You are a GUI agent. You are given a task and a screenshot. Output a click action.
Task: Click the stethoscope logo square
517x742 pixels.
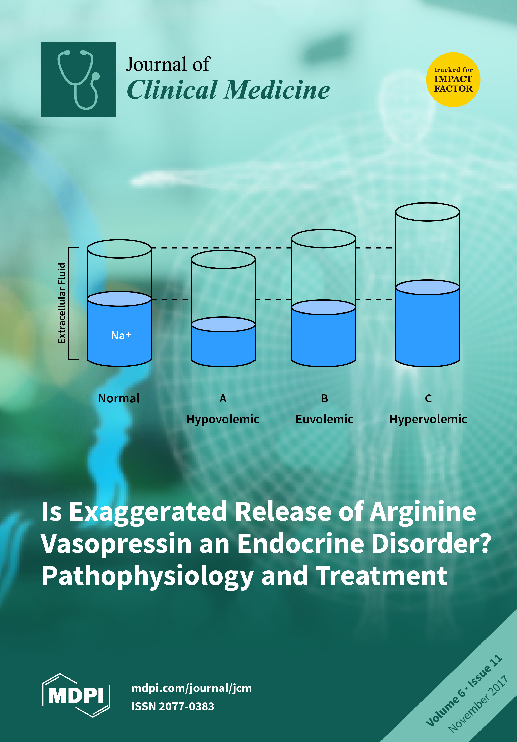[78, 79]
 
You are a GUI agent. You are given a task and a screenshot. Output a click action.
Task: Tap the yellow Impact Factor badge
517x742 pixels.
[453, 80]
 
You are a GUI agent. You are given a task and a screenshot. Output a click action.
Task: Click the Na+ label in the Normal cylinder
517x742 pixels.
[121, 335]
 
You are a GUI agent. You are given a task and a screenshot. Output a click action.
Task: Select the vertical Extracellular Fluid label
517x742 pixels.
[62, 303]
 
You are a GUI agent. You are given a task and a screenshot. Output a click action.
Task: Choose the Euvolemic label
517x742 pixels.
[324, 419]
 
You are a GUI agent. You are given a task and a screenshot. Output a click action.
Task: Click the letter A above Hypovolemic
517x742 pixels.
[223, 398]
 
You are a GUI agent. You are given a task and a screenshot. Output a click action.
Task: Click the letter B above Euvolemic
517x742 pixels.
[324, 398]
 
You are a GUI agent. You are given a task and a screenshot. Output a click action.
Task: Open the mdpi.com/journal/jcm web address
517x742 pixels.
[191, 688]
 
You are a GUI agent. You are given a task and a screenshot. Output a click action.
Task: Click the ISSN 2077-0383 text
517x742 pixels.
[173, 706]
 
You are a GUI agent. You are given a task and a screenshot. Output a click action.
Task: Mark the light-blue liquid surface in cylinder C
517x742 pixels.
[427, 287]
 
